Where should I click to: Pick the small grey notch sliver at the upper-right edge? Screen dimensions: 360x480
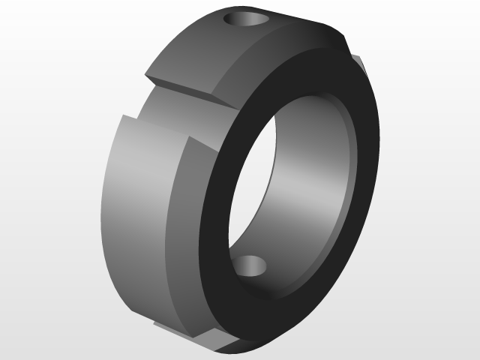coord(358,63)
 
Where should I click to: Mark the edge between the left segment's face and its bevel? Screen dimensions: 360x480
coord(177,225)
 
